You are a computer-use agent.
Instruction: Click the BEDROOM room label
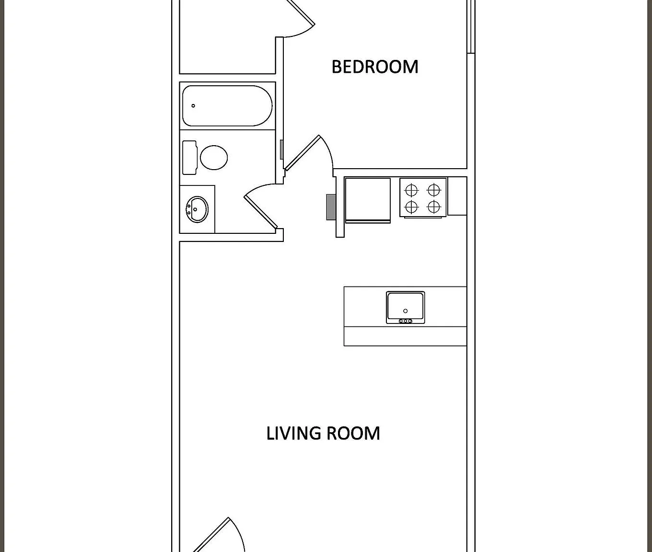[x=375, y=67]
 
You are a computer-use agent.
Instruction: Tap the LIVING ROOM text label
[x=323, y=433]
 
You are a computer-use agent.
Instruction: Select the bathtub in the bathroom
[x=227, y=105]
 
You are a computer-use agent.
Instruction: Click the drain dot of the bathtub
[x=193, y=106]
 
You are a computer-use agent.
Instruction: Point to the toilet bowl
[x=213, y=157]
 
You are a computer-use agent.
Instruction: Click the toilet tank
[x=189, y=157]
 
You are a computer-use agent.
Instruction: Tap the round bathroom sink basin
[x=197, y=209]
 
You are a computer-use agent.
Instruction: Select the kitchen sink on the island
[x=405, y=307]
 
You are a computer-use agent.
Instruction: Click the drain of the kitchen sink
[x=405, y=311]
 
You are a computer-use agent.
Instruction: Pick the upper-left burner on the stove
[x=411, y=190]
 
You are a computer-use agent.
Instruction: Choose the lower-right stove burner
[x=434, y=207]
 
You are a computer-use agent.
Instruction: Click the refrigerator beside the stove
[x=368, y=200]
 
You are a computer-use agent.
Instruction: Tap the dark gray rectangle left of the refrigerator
[x=331, y=207]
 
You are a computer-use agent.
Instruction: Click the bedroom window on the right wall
[x=471, y=26]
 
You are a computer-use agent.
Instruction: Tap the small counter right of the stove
[x=457, y=196]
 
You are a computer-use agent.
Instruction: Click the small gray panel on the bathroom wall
[x=282, y=150]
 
